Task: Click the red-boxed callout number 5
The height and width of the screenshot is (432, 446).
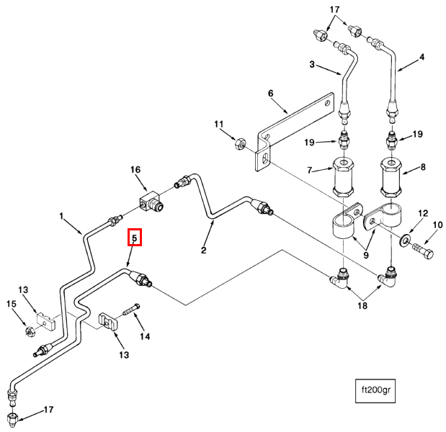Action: tap(135, 237)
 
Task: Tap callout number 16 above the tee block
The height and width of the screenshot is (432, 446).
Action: tap(135, 169)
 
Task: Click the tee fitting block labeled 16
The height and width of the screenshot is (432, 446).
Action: tap(150, 202)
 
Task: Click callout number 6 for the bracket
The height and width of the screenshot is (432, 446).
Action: tap(271, 94)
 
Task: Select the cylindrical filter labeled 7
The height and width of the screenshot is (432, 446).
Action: tap(342, 178)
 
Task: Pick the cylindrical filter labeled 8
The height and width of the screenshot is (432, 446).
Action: tap(392, 178)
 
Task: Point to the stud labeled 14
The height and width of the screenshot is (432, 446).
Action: tap(130, 312)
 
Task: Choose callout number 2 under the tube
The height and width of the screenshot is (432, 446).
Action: tap(204, 251)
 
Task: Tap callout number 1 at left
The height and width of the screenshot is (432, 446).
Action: tap(62, 215)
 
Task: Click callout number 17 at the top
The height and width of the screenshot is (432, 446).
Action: tap(333, 9)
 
